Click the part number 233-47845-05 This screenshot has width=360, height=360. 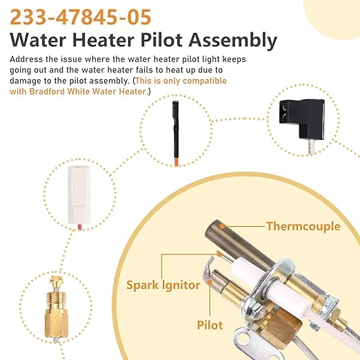click(81, 17)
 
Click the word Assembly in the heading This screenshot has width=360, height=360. click(233, 41)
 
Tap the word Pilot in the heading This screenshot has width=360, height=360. click(161, 40)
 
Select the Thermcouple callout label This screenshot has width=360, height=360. click(303, 226)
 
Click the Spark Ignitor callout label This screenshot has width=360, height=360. click(163, 286)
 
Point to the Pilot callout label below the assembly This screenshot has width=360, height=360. click(210, 326)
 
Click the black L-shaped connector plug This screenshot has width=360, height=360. click(302, 119)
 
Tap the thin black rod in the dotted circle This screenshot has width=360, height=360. click(176, 131)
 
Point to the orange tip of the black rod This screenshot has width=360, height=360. click(177, 161)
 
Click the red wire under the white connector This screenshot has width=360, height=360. click(80, 227)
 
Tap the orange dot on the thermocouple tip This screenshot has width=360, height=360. click(221, 226)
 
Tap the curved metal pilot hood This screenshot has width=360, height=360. click(208, 271)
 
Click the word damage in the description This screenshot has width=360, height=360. click(24, 81)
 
